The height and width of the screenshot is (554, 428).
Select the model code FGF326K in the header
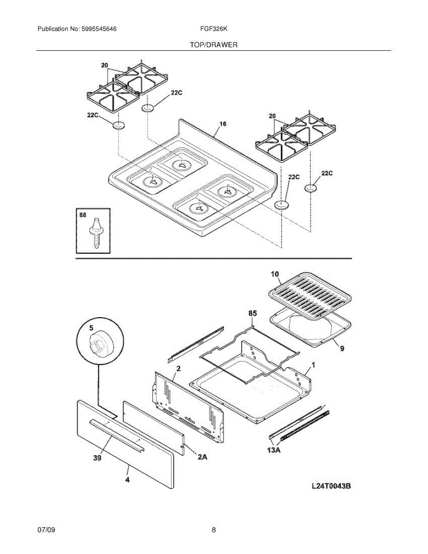pyautogui.click(x=214, y=29)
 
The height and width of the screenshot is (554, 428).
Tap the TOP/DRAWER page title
pyautogui.click(x=213, y=45)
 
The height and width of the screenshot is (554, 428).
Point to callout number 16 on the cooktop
pyautogui.click(x=223, y=124)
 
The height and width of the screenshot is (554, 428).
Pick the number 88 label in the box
pyautogui.click(x=83, y=215)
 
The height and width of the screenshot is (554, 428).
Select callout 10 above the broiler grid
pyautogui.click(x=275, y=274)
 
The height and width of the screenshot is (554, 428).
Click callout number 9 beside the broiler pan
pyautogui.click(x=342, y=349)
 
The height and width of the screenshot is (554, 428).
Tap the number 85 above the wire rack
pyautogui.click(x=253, y=313)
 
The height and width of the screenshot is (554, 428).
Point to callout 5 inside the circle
pyautogui.click(x=90, y=330)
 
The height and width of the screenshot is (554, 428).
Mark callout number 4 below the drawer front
pyautogui.click(x=127, y=480)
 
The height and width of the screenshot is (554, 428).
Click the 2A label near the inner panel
pyautogui.click(x=202, y=458)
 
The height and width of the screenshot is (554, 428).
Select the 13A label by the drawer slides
pyautogui.click(x=274, y=449)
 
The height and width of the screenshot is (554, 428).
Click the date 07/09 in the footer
pyautogui.click(x=47, y=530)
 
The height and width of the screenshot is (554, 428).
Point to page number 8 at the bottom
pyautogui.click(x=214, y=530)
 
